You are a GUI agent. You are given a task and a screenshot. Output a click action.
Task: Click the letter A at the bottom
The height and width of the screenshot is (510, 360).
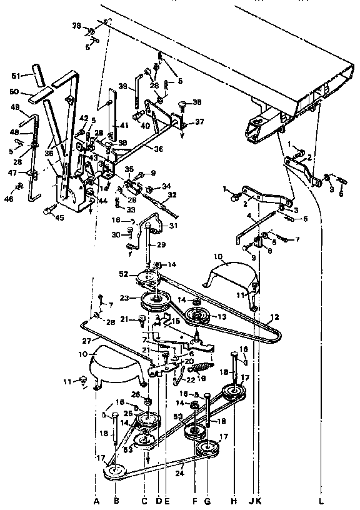[x=96, y=501]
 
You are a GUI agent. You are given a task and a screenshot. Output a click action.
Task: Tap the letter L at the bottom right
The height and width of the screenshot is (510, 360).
[x=321, y=501]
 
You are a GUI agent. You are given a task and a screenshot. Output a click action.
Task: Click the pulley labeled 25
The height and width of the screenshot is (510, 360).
[x=149, y=419]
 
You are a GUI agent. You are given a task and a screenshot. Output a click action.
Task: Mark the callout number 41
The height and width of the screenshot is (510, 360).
[x=124, y=126]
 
